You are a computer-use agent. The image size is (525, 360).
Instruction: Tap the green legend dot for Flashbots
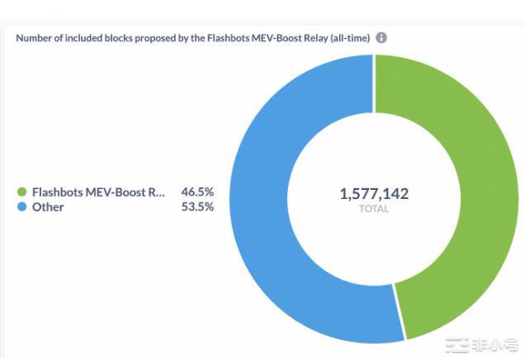point(22,192)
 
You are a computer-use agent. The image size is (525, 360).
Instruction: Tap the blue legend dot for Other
point(22,207)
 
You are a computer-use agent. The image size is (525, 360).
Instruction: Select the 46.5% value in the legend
point(197,192)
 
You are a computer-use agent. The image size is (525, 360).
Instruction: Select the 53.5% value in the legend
point(197,207)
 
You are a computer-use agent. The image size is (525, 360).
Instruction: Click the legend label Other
point(48,207)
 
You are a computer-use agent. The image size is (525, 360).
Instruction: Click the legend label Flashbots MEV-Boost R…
point(98,192)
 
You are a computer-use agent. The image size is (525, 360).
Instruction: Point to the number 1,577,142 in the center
point(374,194)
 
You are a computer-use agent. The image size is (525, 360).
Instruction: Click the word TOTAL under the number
point(374,210)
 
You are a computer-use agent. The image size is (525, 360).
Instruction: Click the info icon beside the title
point(381,38)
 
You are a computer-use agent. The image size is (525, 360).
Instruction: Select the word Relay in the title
point(309,38)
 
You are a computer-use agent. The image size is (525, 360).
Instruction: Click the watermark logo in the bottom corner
point(482,344)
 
